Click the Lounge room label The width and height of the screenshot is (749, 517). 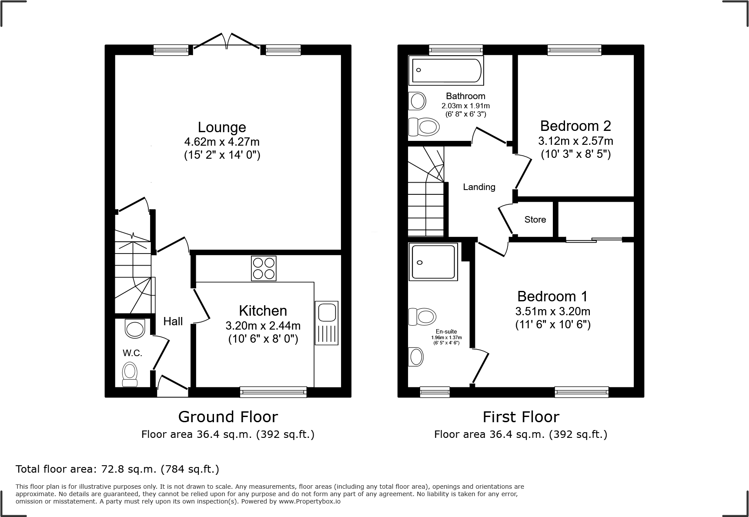[222, 127]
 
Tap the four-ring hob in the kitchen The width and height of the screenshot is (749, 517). [264, 268]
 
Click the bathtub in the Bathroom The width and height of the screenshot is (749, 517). [446, 70]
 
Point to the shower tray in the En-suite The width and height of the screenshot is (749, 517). [433, 261]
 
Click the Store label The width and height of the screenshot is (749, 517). [535, 220]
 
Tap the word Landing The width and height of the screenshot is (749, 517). [479, 187]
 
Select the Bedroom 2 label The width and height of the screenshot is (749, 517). [575, 126]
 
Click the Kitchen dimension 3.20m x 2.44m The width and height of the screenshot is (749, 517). [263, 326]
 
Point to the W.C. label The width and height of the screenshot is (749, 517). [132, 353]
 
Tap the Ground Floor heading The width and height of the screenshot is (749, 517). [228, 417]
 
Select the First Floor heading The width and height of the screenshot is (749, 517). [521, 417]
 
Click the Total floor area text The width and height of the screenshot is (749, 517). [117, 469]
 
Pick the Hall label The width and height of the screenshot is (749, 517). [173, 321]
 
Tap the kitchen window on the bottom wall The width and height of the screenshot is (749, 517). [273, 392]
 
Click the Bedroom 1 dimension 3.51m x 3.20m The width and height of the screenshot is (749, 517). [552, 311]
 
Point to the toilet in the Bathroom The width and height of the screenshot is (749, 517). [424, 127]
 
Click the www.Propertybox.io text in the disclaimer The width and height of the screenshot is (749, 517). [309, 501]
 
